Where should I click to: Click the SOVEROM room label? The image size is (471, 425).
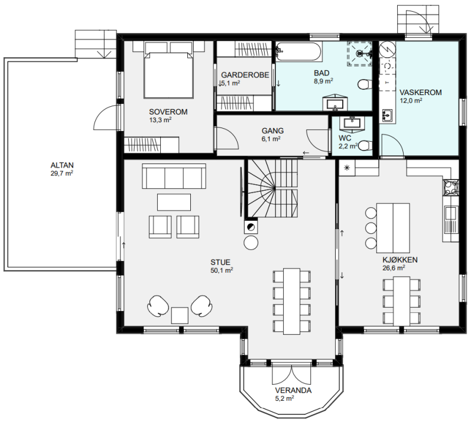click(x=168, y=112)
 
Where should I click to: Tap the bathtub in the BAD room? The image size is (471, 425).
click(x=298, y=51)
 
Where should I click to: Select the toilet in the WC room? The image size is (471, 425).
click(x=365, y=145)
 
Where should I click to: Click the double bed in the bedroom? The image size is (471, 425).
click(x=168, y=70)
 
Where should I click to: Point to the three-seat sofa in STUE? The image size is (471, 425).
click(x=174, y=176)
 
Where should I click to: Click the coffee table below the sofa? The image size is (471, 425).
click(x=174, y=202)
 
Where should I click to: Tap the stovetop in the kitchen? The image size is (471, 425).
click(x=450, y=188)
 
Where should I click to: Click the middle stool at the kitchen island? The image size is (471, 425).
click(x=371, y=228)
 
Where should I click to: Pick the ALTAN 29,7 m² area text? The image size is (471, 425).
click(x=62, y=169)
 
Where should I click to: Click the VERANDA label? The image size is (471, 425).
click(x=293, y=390)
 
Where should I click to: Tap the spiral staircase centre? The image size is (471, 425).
click(x=275, y=188)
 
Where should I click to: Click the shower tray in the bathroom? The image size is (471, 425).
click(x=359, y=54)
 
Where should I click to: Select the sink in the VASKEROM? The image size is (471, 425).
click(x=387, y=115)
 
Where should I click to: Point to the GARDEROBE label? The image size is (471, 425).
click(x=245, y=75)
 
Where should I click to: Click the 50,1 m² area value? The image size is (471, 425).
click(x=222, y=270)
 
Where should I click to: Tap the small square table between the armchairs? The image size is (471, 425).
click(x=180, y=315)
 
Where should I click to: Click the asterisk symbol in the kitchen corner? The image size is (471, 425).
click(x=347, y=168)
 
